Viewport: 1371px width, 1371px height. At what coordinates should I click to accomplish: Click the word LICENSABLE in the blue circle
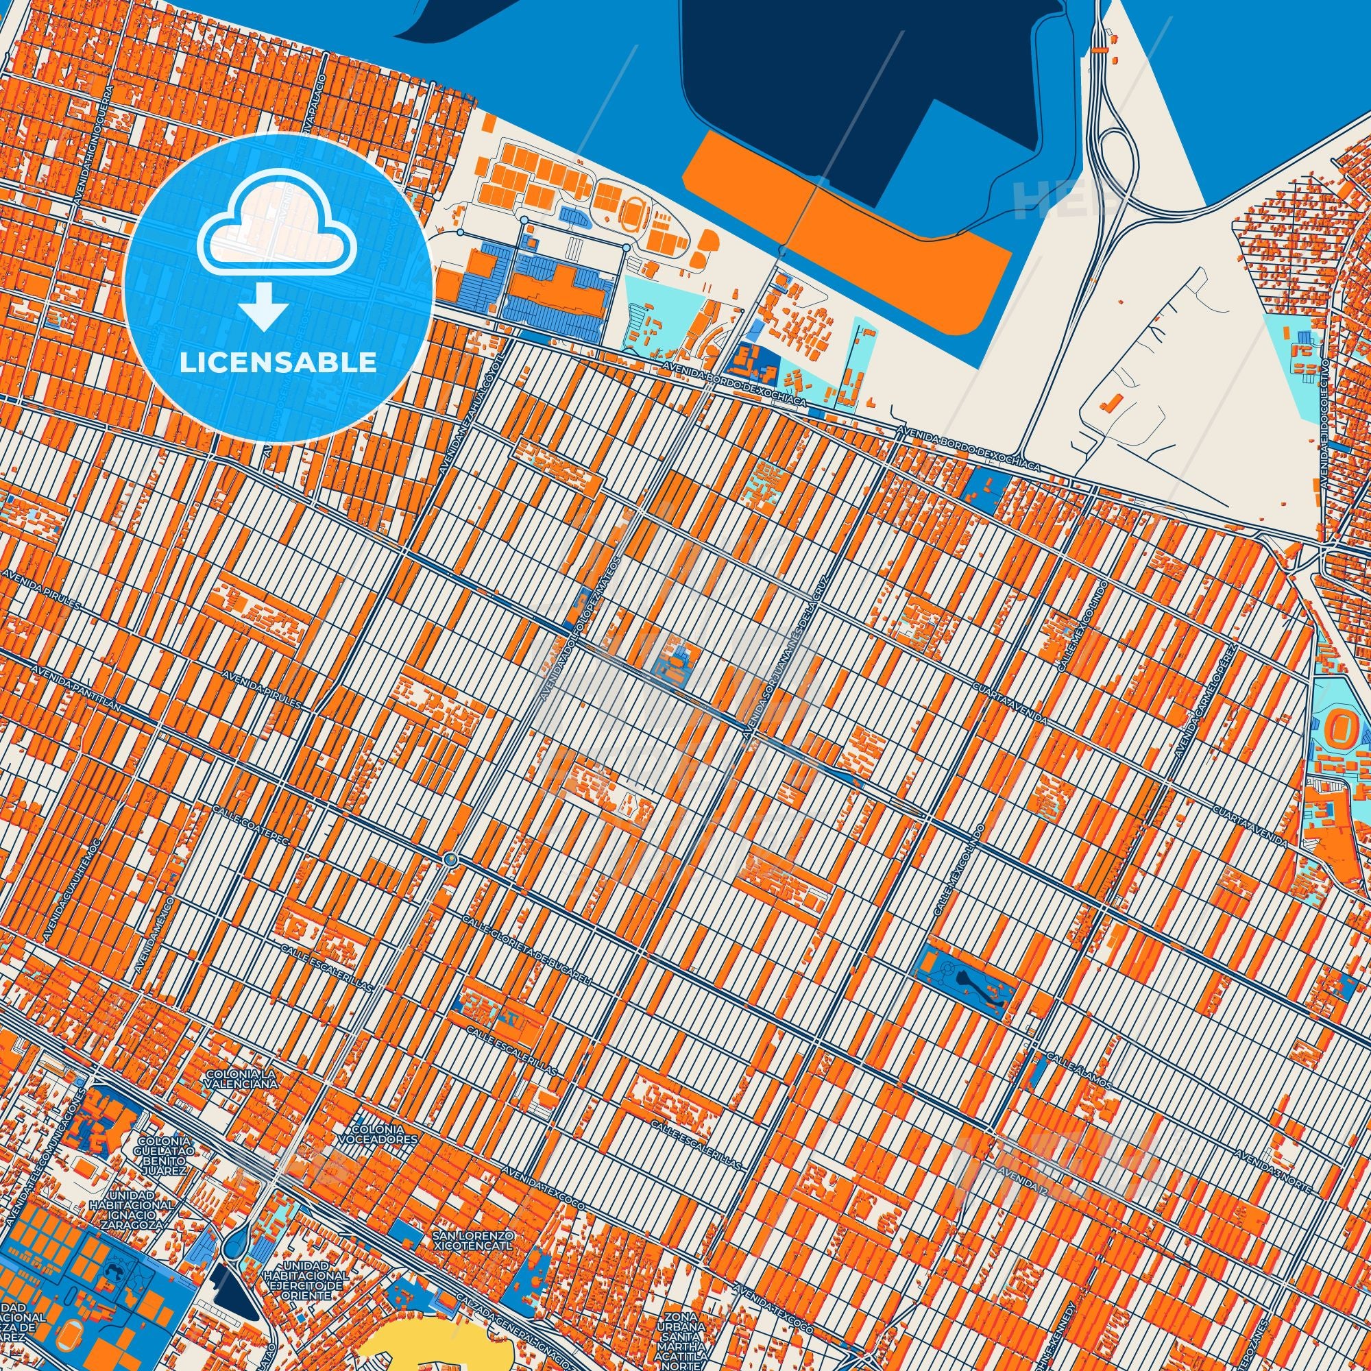[x=278, y=363]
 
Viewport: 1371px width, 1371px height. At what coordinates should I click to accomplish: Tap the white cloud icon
[x=278, y=223]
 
